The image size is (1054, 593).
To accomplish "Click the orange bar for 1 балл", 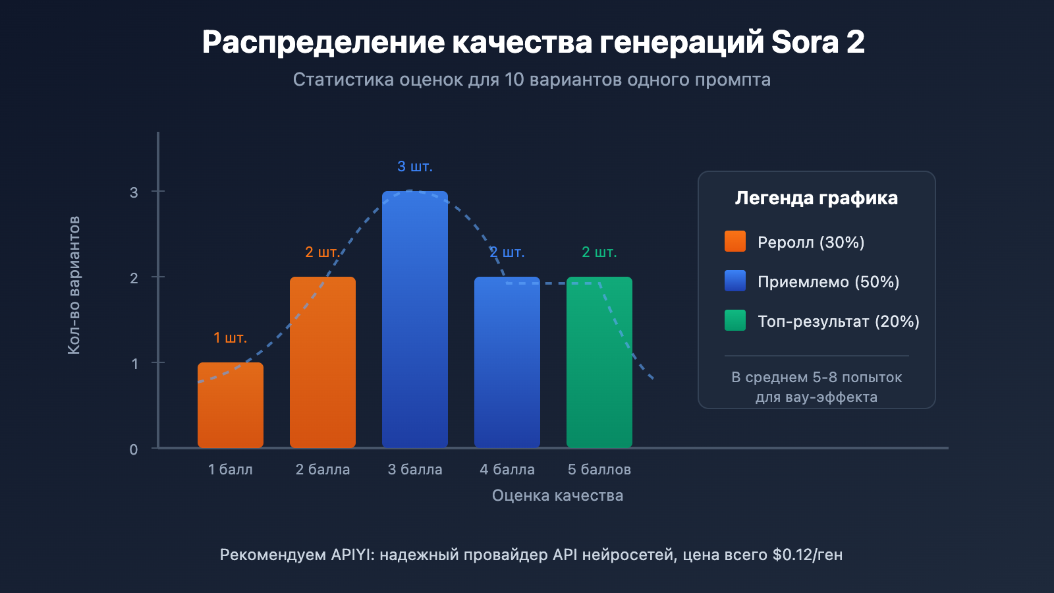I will [231, 405].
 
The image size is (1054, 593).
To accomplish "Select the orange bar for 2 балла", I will [323, 362].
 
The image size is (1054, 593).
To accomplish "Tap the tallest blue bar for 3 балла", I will [415, 320].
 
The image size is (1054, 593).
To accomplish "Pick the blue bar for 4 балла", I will [507, 362].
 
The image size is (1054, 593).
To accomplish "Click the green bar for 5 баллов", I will [599, 362].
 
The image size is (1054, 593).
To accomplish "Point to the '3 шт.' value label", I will [415, 167].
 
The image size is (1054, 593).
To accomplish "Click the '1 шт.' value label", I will [231, 338].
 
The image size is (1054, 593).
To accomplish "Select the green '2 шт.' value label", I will [599, 252].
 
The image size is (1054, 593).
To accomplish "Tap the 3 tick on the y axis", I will [134, 192].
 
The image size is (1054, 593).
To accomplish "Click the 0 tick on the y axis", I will [134, 449].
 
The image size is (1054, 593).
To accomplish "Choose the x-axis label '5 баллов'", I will [599, 470].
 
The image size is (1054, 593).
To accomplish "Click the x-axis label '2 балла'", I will [323, 470].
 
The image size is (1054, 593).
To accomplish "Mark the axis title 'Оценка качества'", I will [557, 495].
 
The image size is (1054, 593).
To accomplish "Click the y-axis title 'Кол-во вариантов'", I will [74, 285].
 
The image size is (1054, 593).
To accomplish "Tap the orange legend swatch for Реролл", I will [735, 241].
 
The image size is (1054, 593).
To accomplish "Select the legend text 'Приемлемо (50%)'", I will [828, 282].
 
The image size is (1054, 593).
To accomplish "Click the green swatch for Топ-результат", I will [735, 320].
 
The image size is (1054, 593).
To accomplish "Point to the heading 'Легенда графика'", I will [816, 198].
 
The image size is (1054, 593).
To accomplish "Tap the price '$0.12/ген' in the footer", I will [808, 555].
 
